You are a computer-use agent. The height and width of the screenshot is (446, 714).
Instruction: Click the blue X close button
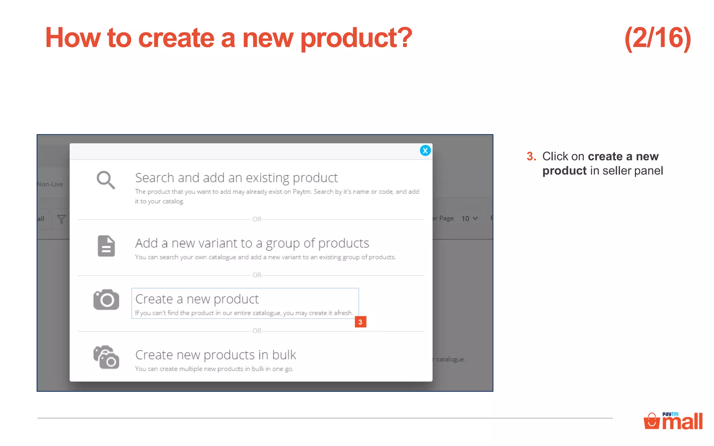tap(425, 151)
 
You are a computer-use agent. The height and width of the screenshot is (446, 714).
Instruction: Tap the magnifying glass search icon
tap(106, 180)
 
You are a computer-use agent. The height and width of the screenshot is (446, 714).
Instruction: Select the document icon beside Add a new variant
tap(106, 246)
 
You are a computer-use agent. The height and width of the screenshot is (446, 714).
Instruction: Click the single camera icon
tap(106, 299)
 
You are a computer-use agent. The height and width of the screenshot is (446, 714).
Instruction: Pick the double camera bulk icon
tap(106, 357)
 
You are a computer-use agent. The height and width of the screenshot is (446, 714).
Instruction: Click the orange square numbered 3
tap(360, 322)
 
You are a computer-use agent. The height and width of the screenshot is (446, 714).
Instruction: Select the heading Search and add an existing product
tap(236, 178)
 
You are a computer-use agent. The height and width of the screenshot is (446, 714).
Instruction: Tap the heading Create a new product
tap(197, 299)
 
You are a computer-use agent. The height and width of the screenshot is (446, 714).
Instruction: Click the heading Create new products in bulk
tap(215, 355)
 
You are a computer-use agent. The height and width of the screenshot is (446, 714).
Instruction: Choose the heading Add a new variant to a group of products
tap(252, 243)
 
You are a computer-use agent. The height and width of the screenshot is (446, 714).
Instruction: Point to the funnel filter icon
tap(61, 219)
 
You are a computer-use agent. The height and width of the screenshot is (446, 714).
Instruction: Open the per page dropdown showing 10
tap(469, 218)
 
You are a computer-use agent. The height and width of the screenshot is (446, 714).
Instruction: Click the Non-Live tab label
tap(50, 184)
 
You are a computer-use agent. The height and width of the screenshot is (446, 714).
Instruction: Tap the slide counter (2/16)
tap(658, 38)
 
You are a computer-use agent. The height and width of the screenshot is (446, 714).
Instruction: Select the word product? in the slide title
tap(356, 38)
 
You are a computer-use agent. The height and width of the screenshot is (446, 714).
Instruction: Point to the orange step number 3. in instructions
tap(531, 156)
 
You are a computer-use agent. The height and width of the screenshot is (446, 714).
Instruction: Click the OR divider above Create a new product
tap(257, 275)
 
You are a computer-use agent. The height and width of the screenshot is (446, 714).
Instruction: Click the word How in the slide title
tap(73, 38)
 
